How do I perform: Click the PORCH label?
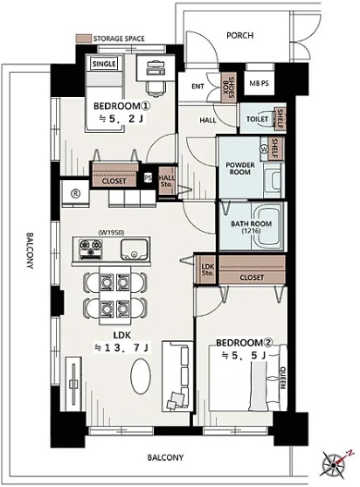point(239,35)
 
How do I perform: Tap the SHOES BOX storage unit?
point(228,87)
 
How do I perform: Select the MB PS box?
point(260,83)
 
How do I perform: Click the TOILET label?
point(257,119)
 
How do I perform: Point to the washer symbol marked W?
point(265,150)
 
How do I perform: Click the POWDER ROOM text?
point(240,169)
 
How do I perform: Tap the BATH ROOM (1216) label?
point(251,227)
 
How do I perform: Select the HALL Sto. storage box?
point(167,181)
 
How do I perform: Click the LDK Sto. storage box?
point(207,270)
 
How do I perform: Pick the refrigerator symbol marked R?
point(75,193)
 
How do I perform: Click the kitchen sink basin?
point(134,249)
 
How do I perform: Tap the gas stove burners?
point(91,249)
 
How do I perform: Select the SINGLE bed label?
point(104,64)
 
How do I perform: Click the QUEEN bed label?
point(283,378)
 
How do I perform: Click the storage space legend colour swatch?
point(83,38)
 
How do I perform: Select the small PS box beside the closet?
point(148,178)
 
